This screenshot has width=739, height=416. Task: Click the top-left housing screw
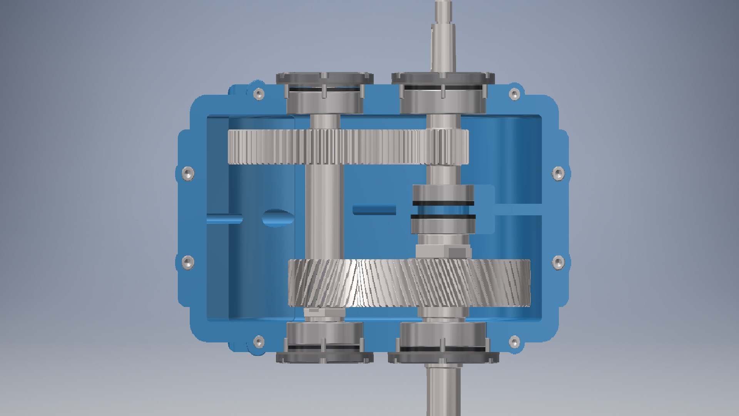click(x=259, y=94)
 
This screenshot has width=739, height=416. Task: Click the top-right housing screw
click(x=514, y=94)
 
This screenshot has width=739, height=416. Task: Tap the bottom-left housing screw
click(x=259, y=341)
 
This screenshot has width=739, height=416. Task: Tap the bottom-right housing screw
click(x=514, y=341)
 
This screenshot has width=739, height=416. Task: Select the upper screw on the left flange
click(x=187, y=173)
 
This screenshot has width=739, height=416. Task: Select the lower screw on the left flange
click(x=187, y=262)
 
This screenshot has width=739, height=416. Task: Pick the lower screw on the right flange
click(x=558, y=262)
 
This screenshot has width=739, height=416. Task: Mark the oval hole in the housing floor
click(x=278, y=218)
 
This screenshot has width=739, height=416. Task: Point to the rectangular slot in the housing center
click(x=374, y=210)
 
